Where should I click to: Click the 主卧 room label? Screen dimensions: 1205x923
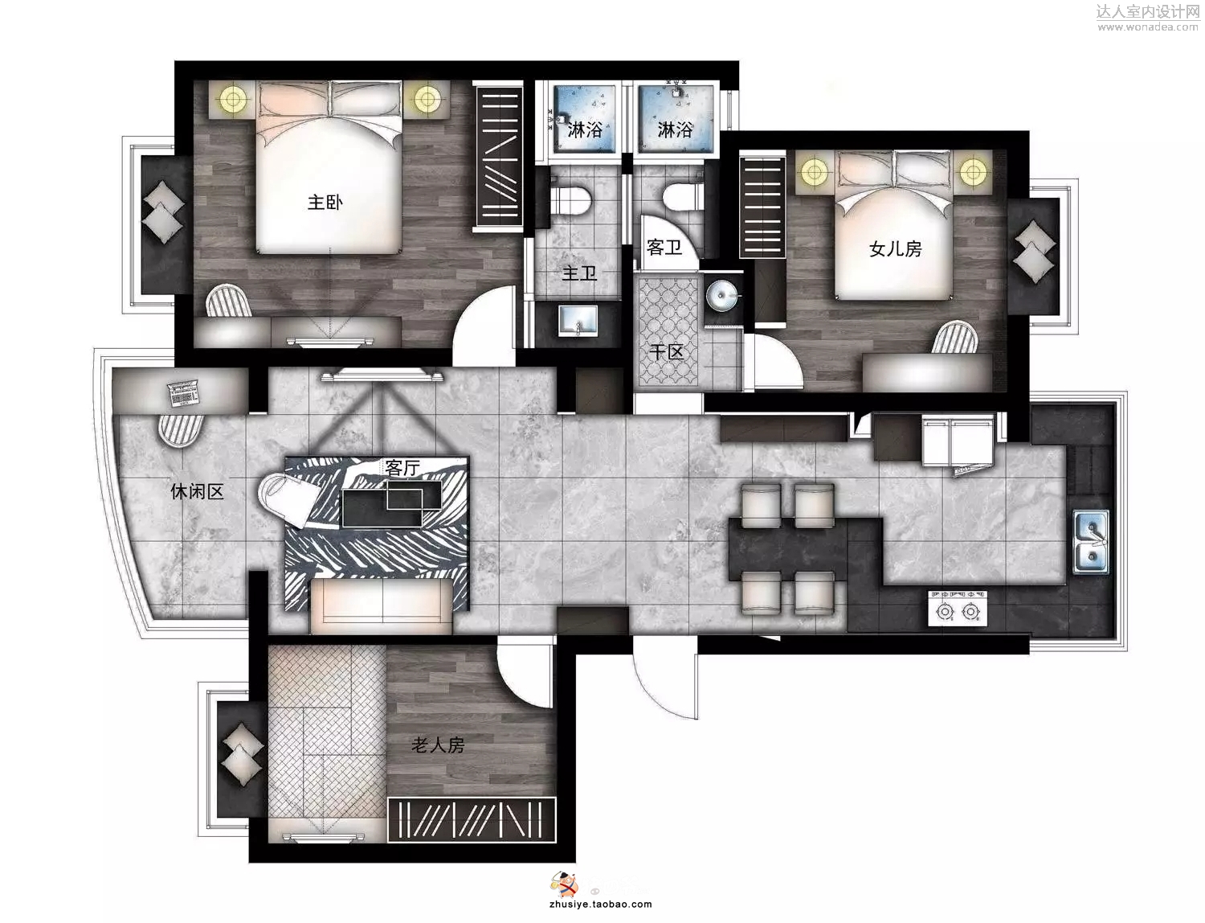pos(325,203)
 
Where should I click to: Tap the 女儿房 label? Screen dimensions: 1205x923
pos(895,249)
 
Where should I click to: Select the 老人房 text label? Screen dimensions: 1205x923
pos(438,745)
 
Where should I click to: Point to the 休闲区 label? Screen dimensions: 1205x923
pos(197,491)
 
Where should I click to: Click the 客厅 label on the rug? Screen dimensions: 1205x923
pos(402,468)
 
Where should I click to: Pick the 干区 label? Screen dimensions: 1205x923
pos(667,351)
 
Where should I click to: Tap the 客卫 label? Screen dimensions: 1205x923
pos(664,248)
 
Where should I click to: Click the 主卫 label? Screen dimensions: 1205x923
pos(580,273)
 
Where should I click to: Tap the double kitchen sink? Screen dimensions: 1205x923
pos(1091,542)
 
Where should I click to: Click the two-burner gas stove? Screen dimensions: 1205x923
pos(958,608)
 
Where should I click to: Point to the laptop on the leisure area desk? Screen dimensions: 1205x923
pos(183,393)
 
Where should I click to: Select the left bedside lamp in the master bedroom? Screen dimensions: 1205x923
pos(233,100)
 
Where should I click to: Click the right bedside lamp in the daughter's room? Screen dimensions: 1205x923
pos(974,172)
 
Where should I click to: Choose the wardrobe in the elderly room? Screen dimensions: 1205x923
pos(472,820)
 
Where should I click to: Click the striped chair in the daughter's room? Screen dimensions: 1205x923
pos(956,338)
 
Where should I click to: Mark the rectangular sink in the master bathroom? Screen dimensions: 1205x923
pos(578,320)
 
